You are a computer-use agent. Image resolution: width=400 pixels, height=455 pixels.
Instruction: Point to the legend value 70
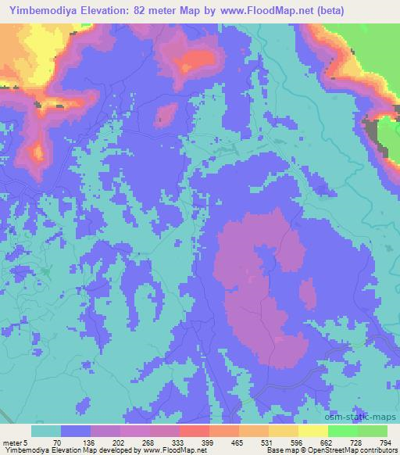55,442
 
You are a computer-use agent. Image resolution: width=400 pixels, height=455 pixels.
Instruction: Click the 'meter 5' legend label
16,442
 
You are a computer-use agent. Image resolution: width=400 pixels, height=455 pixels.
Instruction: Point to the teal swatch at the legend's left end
46,431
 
